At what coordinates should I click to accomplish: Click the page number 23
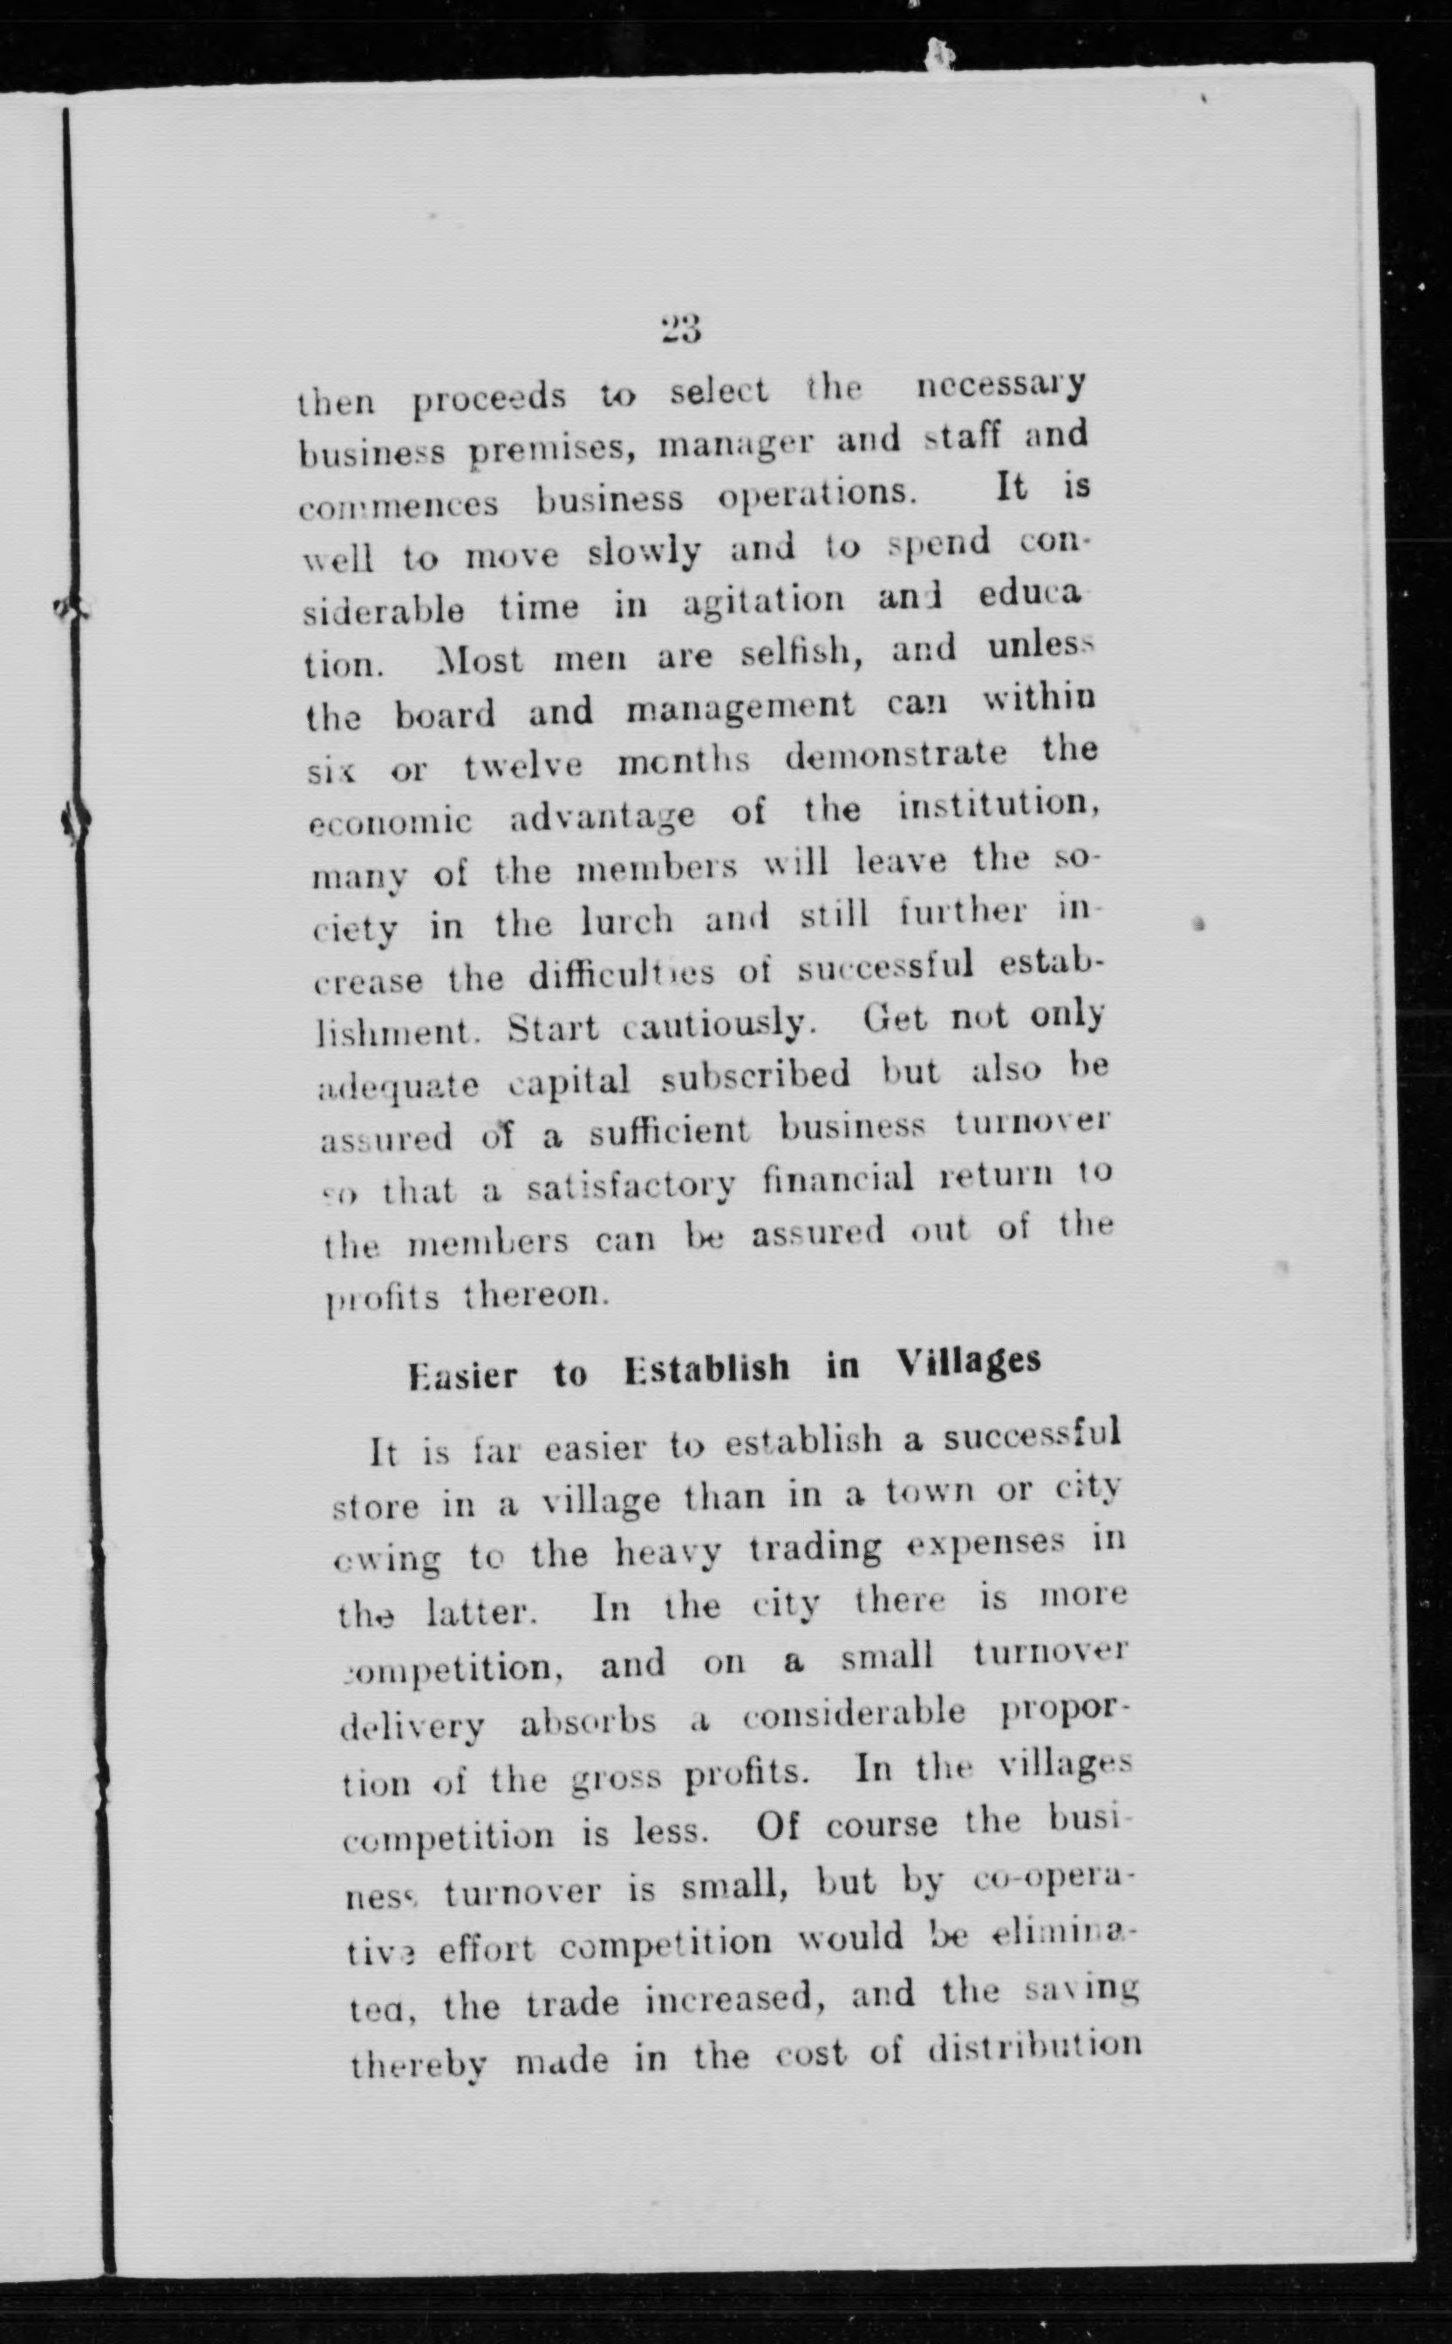(x=682, y=329)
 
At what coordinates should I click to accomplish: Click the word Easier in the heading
(x=461, y=1375)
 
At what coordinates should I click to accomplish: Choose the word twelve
(x=522, y=767)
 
